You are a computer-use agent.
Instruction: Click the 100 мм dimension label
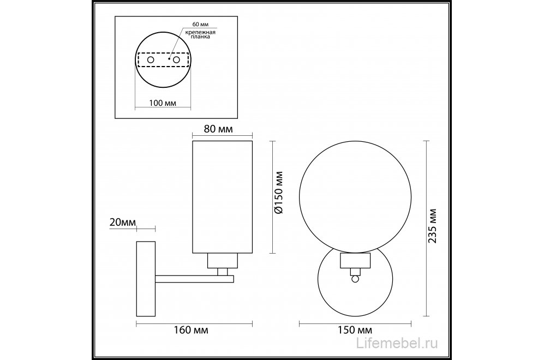pyautogui.click(x=163, y=103)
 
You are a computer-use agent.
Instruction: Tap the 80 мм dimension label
pyautogui.click(x=218, y=129)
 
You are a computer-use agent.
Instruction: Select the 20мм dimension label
pyautogui.click(x=122, y=223)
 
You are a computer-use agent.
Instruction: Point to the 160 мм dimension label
pyautogui.click(x=191, y=330)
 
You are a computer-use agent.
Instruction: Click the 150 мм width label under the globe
pyautogui.click(x=355, y=330)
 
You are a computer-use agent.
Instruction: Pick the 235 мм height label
pyautogui.click(x=432, y=226)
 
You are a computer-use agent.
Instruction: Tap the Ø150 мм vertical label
pyautogui.click(x=279, y=193)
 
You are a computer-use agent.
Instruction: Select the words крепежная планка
pyautogui.click(x=200, y=34)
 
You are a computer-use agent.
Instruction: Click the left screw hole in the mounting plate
pyautogui.click(x=151, y=59)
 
